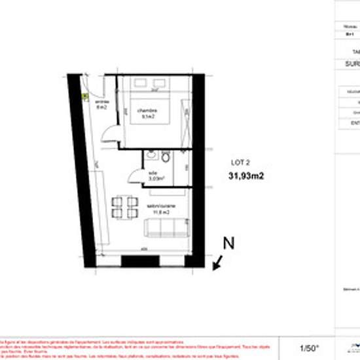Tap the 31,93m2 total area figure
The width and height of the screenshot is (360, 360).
click(x=246, y=175)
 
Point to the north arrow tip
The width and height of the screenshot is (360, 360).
click(x=215, y=267)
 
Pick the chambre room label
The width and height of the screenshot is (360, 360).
click(x=147, y=111)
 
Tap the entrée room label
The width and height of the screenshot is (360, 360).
click(x=102, y=102)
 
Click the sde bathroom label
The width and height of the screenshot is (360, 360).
click(x=153, y=173)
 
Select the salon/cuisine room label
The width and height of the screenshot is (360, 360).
click(x=160, y=206)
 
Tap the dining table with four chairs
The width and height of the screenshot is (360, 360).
click(x=124, y=207)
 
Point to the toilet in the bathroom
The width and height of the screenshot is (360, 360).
click(x=166, y=158)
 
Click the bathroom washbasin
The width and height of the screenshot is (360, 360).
click(x=151, y=156)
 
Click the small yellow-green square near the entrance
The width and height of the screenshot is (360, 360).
click(x=84, y=95)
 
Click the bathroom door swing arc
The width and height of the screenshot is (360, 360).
click(x=135, y=175)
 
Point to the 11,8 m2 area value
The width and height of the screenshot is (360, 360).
click(x=161, y=212)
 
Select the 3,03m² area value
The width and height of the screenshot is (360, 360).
click(x=156, y=178)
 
